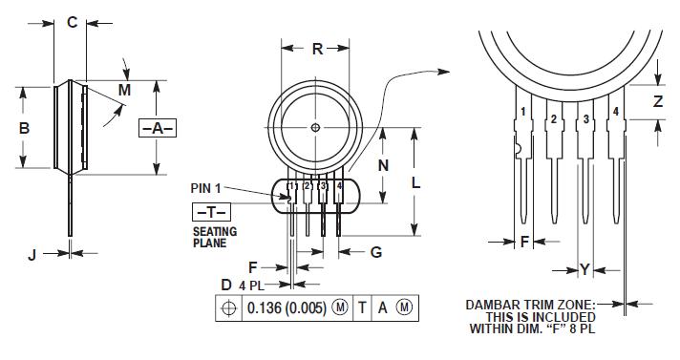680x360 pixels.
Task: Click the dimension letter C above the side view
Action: coord(72,22)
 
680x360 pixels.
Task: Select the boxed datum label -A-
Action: coord(158,128)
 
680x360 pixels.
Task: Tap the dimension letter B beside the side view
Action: coord(24,128)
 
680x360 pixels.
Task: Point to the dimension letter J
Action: coord(32,255)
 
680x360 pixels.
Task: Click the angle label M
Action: coord(124,90)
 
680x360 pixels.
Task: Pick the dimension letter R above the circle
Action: coord(317,49)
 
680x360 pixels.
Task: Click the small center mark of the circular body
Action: coord(315,128)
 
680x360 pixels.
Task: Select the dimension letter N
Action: coord(383,165)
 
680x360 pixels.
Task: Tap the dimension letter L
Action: coord(415,183)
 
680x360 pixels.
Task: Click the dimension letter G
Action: coord(376,252)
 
